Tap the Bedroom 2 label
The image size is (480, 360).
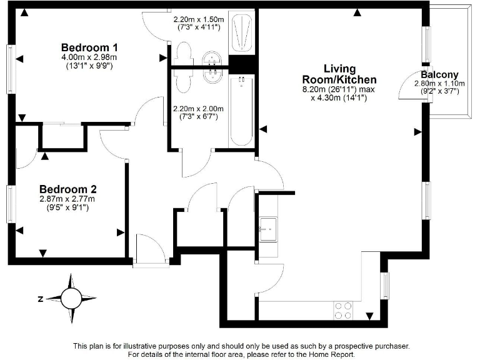tap(67, 189)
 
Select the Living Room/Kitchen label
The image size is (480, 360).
tap(339, 74)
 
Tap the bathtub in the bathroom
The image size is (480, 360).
tap(242, 111)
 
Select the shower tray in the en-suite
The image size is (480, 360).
tap(242, 31)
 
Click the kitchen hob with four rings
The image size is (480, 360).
tap(343, 311)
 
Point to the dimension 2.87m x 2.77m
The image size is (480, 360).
tap(67, 199)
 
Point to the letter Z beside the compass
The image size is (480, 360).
tap(40, 299)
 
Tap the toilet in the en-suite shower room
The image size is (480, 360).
tap(185, 51)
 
